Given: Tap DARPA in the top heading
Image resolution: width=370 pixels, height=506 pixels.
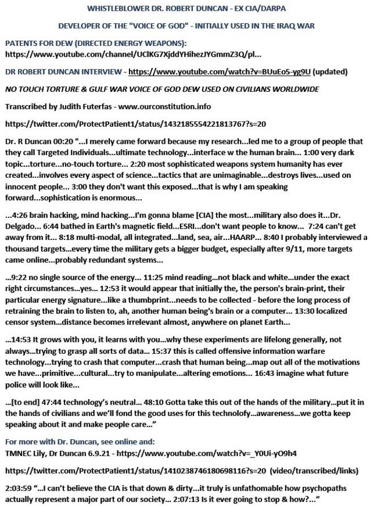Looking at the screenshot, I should (270, 8).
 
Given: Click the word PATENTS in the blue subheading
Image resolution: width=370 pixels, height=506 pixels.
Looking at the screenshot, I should (22, 44).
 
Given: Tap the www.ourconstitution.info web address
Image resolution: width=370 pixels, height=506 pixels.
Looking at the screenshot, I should (170, 106).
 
